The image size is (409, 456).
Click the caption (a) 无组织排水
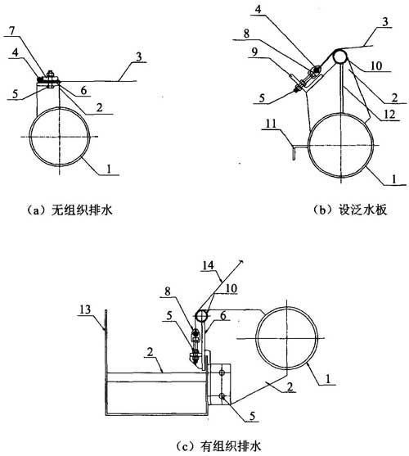[x=69, y=210]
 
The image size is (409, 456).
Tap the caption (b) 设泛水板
[x=350, y=210]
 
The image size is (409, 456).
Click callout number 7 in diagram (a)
[x=12, y=31]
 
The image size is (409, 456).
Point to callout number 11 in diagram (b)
[x=271, y=124]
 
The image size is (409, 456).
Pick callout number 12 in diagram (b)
[x=389, y=115]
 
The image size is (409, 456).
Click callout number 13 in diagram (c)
[x=85, y=309]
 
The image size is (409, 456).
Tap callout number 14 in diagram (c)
[x=209, y=265]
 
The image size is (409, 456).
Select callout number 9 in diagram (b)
[x=254, y=52]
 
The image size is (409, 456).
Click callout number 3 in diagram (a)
[x=139, y=56]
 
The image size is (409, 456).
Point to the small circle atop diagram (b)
[x=340, y=56]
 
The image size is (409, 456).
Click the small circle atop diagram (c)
[x=201, y=316]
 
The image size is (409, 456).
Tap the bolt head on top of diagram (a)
[x=50, y=74]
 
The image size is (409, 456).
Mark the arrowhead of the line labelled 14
[x=241, y=260]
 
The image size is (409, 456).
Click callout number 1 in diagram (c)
[x=328, y=379]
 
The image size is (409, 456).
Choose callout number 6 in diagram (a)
[x=83, y=90]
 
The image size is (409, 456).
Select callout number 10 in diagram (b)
[x=376, y=65]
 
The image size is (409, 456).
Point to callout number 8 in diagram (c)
[x=168, y=291]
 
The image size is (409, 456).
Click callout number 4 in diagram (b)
[x=258, y=10]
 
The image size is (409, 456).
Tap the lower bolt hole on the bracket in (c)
[x=222, y=396]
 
